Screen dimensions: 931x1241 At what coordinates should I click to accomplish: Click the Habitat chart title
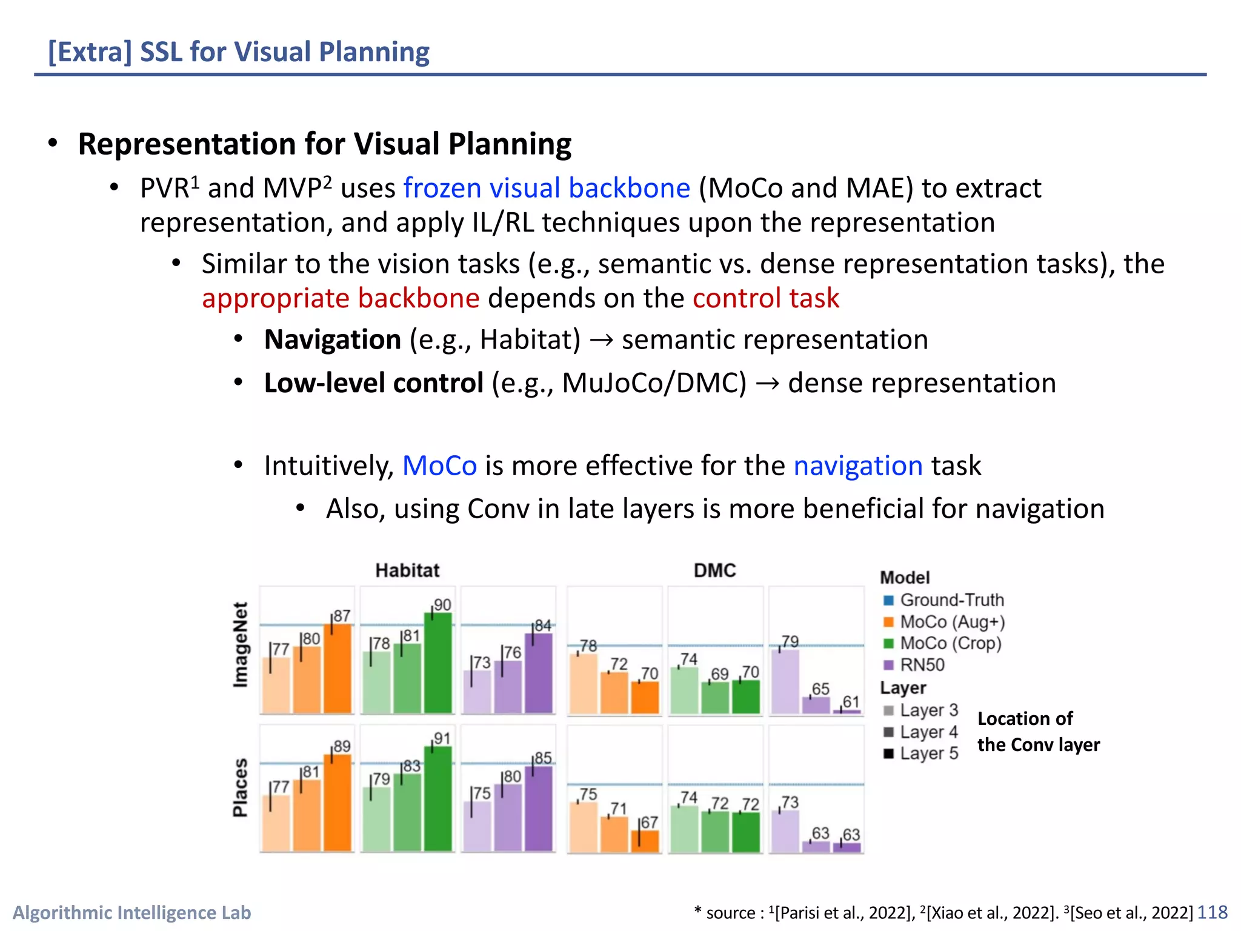[x=407, y=570]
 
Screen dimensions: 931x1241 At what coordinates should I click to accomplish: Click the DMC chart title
[x=714, y=570]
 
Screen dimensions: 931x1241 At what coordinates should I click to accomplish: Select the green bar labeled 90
[x=438, y=664]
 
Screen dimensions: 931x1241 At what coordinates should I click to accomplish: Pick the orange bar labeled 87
[x=337, y=669]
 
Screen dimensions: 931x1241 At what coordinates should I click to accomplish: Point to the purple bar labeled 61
[x=847, y=711]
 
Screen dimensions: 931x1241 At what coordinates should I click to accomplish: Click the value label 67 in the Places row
[x=649, y=823]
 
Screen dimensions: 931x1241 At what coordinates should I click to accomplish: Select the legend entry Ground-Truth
[x=951, y=600]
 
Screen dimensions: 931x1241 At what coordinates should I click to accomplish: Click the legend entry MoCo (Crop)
[x=950, y=643]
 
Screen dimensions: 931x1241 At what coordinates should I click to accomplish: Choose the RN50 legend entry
[x=922, y=665]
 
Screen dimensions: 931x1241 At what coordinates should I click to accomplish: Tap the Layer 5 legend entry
[x=928, y=753]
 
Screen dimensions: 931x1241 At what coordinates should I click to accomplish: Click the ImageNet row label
[x=241, y=645]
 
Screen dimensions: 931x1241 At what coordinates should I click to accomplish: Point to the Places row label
[x=241, y=787]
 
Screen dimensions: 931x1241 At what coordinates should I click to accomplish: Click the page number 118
[x=1212, y=912]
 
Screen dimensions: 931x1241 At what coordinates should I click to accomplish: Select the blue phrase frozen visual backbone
[x=547, y=189]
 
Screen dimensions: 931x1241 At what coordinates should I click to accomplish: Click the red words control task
[x=765, y=298]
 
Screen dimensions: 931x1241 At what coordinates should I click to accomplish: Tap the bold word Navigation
[x=333, y=339]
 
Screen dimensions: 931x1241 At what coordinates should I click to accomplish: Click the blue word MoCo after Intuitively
[x=439, y=465]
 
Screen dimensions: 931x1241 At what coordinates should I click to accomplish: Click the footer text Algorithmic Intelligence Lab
[x=132, y=912]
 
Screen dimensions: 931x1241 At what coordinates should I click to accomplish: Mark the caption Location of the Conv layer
[x=1038, y=732]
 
